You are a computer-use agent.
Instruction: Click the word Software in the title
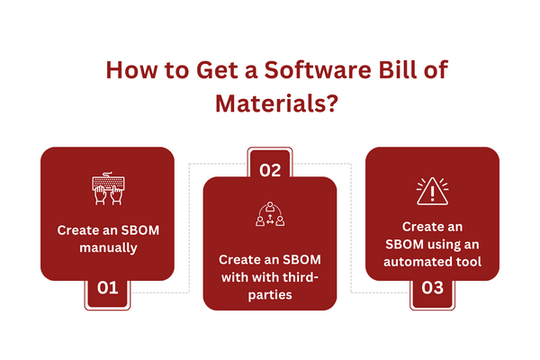[x=318, y=69]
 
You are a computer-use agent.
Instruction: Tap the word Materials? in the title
[x=276, y=103]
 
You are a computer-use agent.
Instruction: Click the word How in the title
[x=132, y=70]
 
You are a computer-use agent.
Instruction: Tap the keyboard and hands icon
[x=108, y=188]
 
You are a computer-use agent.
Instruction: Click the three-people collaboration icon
[x=270, y=214]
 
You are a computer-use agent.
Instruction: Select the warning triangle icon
[x=432, y=191]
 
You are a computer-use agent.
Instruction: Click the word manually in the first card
[x=108, y=248]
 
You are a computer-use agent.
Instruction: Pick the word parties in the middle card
[x=270, y=295]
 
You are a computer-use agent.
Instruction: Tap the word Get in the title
[x=217, y=70]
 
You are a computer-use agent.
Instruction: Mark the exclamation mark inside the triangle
[x=433, y=193]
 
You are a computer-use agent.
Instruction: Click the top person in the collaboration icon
[x=270, y=206]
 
